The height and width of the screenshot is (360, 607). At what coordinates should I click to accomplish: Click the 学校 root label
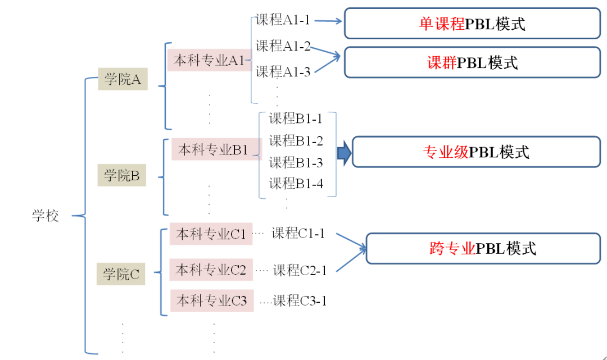point(45,216)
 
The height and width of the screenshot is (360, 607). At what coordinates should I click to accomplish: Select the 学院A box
point(123,79)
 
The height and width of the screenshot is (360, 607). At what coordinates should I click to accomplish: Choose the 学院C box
point(121,274)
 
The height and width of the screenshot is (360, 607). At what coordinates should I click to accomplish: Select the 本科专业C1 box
point(211,234)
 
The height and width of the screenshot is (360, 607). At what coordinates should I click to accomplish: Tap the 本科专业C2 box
point(211,270)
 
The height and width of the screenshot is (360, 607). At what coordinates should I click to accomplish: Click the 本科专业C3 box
point(212,301)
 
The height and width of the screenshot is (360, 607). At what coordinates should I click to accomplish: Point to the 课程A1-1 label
point(283,20)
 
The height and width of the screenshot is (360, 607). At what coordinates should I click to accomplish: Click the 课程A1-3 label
point(283,72)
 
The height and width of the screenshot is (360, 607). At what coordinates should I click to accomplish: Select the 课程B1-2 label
point(296,140)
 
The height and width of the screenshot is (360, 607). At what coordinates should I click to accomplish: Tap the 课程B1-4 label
point(296,183)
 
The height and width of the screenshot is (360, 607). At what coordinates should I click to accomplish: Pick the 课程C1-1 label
point(298,234)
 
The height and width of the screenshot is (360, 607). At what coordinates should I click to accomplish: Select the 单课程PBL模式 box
point(472,24)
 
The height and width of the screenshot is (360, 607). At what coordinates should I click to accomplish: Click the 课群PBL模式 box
point(472,62)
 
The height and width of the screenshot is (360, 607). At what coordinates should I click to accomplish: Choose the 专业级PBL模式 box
point(476,152)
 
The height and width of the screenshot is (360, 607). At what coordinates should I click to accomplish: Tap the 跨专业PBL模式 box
point(483,248)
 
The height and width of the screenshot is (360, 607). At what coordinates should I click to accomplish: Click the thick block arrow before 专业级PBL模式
point(343,153)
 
